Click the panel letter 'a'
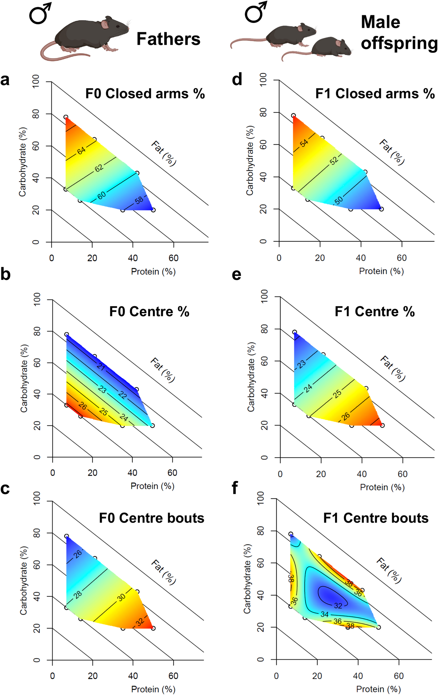[x=5, y=80]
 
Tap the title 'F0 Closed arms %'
[x=145, y=94]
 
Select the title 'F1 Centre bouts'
[x=376, y=518]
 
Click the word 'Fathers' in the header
[x=168, y=39]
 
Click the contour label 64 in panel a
[x=81, y=151]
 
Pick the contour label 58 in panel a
[x=139, y=200]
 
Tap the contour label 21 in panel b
[x=101, y=367]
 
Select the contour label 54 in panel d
[x=304, y=143]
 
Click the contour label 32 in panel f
[x=338, y=606]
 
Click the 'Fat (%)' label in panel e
[x=393, y=368]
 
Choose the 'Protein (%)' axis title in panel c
[x=152, y=689]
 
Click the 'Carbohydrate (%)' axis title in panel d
[x=249, y=161]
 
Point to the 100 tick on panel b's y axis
[x=37, y=299]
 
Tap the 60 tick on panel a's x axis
[x=173, y=258]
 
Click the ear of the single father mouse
[x=105, y=24]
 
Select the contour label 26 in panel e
[x=346, y=416]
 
